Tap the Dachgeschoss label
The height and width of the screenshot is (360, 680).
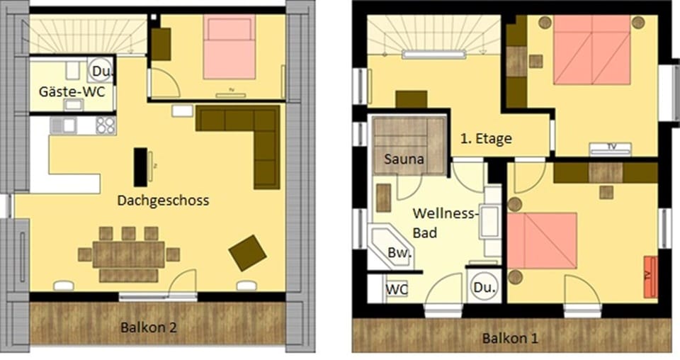click(164, 201)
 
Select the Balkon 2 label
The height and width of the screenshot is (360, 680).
click(148, 328)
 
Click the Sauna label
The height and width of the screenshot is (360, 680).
click(404, 159)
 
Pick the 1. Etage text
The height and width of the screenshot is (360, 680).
click(486, 139)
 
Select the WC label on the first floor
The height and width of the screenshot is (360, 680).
click(396, 290)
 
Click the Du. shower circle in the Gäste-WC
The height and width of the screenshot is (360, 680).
click(99, 72)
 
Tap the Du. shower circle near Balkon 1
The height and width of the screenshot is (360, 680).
click(484, 287)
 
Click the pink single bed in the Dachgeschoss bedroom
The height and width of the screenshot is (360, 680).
click(229, 47)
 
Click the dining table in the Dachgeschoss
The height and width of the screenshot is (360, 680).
click(128, 254)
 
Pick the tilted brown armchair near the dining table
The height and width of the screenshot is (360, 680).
click(248, 252)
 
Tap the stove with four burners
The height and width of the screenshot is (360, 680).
click(106, 125)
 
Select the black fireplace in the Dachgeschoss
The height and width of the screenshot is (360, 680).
click(141, 167)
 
